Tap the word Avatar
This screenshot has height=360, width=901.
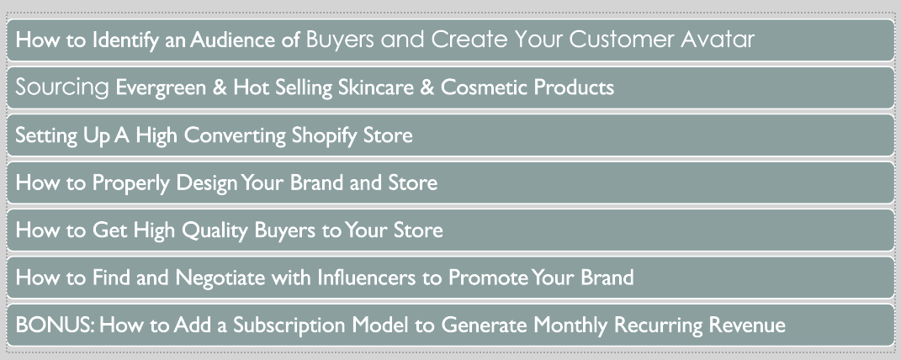[x=718, y=40]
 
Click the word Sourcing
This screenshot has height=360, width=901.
[x=62, y=88]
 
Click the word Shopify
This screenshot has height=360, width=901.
[x=325, y=136]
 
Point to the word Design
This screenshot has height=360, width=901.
[x=207, y=183]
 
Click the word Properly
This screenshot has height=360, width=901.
[x=131, y=183]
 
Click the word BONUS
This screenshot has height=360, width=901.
[x=55, y=326]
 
